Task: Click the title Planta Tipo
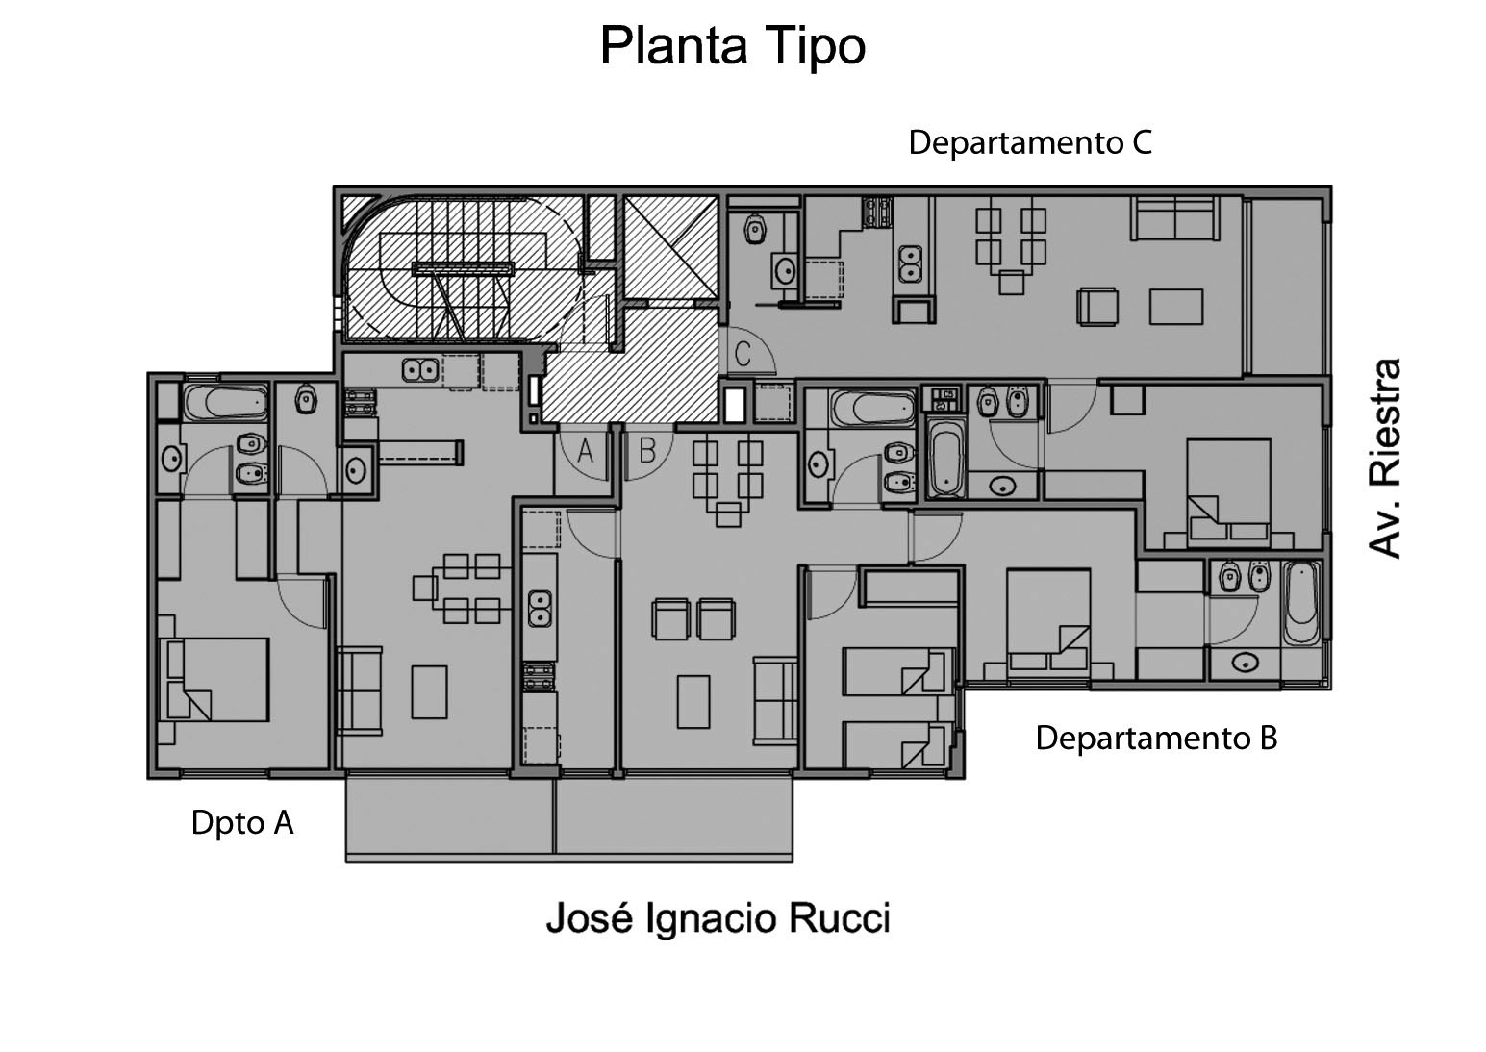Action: click(733, 46)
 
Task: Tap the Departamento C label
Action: click(1029, 143)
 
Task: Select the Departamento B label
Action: click(1155, 739)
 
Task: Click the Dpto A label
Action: click(241, 823)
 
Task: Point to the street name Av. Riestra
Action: click(1385, 459)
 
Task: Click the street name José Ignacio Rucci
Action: click(718, 918)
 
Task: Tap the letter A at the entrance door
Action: click(586, 450)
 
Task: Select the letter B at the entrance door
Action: click(647, 449)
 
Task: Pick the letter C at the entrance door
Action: click(743, 355)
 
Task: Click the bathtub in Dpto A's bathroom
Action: click(224, 403)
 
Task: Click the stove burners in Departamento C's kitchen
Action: click(875, 211)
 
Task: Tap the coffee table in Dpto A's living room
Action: click(429, 692)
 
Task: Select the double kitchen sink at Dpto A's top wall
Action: click(420, 369)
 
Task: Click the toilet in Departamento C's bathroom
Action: click(755, 229)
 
